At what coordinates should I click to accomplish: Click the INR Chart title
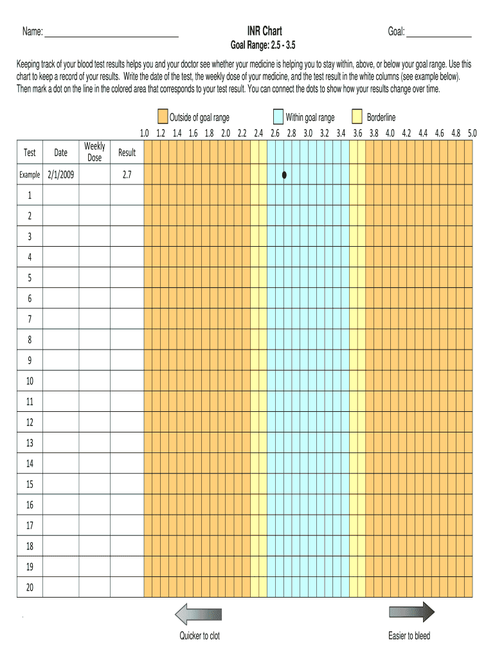264,31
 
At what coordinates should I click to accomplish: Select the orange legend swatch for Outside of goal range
163,117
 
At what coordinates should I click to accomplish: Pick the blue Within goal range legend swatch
278,117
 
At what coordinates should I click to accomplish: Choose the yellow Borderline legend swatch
357,117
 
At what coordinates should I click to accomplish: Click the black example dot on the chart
283,174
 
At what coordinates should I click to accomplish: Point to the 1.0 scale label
144,134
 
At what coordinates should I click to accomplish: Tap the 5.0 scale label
472,134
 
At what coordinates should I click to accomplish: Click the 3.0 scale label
308,134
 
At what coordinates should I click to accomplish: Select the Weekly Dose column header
94,152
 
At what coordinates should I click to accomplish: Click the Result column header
127,152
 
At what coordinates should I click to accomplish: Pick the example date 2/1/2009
60,174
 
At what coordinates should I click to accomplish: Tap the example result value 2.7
127,174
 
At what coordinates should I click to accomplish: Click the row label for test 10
30,381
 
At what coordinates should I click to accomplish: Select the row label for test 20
30,587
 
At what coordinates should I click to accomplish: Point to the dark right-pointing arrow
411,612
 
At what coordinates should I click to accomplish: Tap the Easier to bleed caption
409,636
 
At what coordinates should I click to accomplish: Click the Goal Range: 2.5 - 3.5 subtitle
264,46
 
